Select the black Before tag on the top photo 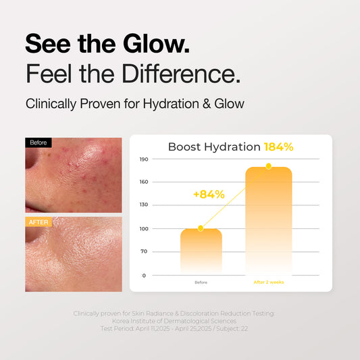38,143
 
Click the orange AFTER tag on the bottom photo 38,222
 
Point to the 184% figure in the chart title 278,147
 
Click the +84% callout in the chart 209,195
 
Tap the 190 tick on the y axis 144,159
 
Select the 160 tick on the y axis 144,182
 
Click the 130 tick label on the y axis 144,205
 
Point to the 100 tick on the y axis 144,228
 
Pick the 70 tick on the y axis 144,251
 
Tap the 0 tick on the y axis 144,275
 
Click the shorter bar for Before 201,251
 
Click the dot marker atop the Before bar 201,228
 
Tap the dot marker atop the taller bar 268,166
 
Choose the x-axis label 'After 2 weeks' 268,282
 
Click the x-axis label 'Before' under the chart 201,282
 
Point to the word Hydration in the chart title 233,147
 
